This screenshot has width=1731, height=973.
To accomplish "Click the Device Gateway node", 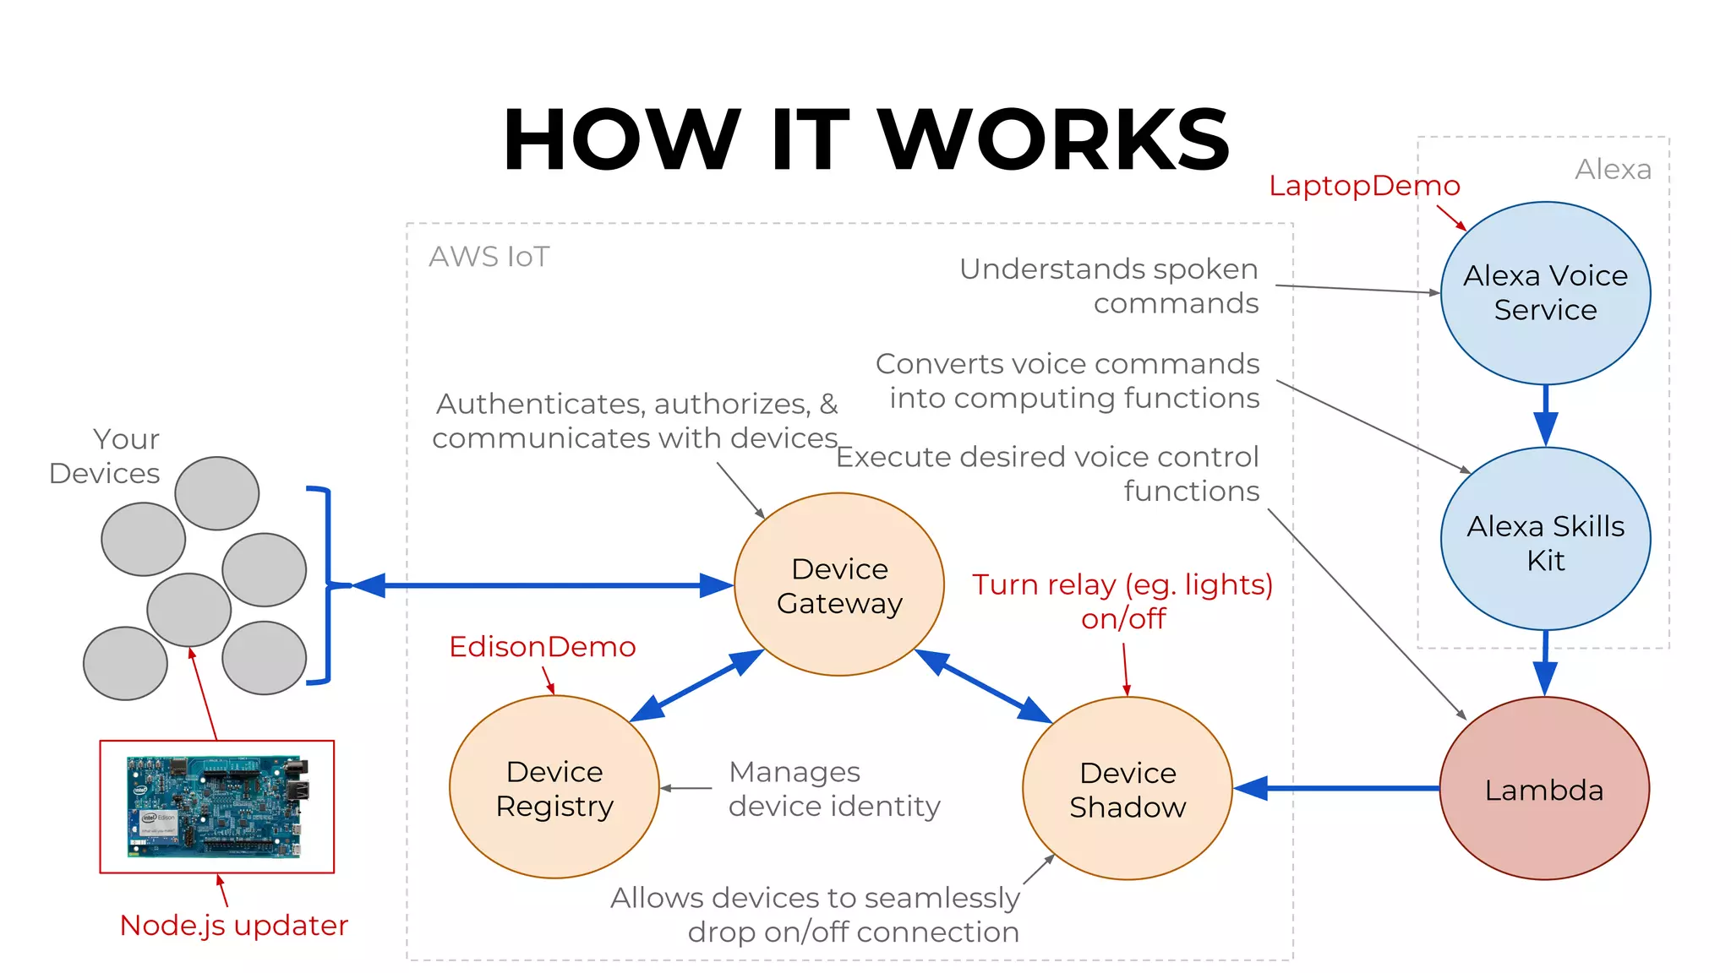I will click(838, 584).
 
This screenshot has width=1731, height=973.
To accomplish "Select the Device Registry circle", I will click(554, 787).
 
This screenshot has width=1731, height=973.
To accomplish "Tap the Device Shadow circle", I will click(1127, 788).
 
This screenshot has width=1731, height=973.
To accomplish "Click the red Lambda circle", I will click(1543, 788).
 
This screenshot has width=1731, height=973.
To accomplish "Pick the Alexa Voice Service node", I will click(1545, 292).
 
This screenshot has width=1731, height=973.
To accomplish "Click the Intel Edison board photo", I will click(217, 807).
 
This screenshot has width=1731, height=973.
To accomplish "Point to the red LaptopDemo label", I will click(1363, 186).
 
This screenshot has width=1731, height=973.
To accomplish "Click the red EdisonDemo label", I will click(542, 647).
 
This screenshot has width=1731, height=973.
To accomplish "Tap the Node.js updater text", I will click(234, 926).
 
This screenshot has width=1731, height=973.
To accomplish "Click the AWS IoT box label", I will click(489, 257).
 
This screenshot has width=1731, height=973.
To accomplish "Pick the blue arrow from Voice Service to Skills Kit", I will click(1545, 415).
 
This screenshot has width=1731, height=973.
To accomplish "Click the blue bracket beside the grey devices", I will click(326, 584).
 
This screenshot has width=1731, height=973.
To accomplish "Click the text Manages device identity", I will click(833, 789).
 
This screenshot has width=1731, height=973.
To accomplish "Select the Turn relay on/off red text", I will click(1122, 601).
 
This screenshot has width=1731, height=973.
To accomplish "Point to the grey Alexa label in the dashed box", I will click(1612, 170).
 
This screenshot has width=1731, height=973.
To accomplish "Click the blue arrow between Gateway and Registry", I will click(697, 685).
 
